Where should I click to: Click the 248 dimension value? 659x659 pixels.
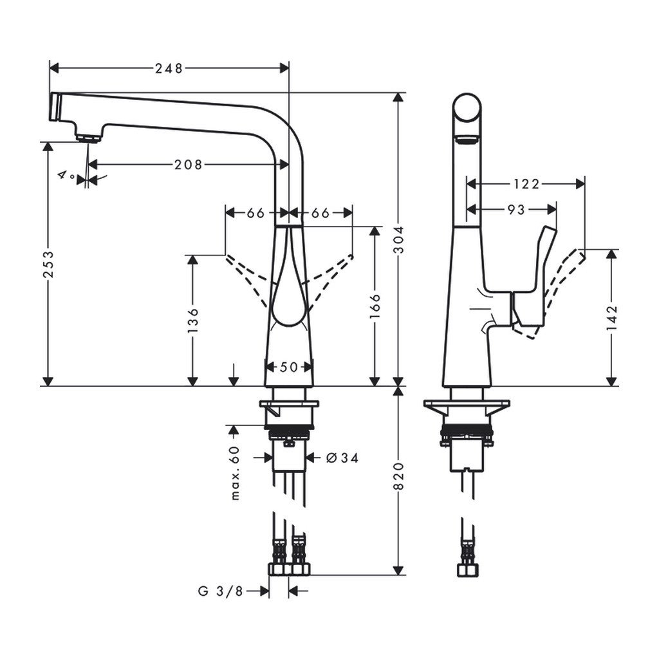pos(169,68)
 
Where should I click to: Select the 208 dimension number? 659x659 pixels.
pos(188,165)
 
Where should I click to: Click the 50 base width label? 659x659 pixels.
pos(290,367)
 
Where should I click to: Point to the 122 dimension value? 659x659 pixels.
pos(526,184)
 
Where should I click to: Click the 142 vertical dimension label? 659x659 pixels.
pos(611,318)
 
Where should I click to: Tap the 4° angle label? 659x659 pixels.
pos(65,174)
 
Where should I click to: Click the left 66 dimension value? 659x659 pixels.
pos(256,213)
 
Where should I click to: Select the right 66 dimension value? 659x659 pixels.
pos(320,213)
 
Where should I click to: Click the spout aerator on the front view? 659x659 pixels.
pos(88,136)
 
